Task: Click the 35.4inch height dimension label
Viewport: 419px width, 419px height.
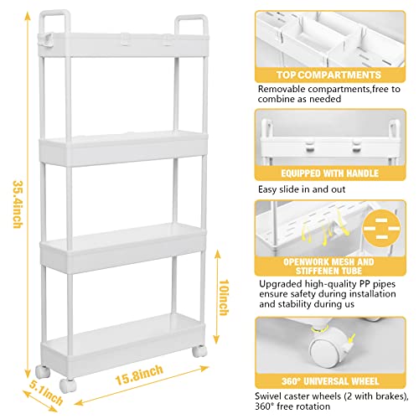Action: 15,204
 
